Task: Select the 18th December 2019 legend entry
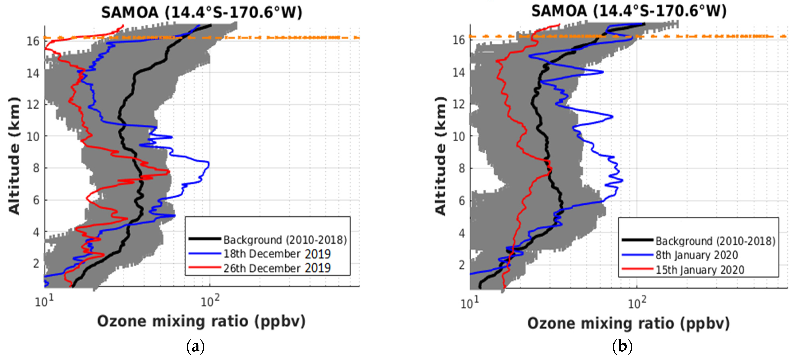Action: click(x=277, y=254)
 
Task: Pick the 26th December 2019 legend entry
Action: click(x=277, y=268)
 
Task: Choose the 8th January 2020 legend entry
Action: click(x=696, y=255)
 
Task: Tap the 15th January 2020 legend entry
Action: click(x=699, y=270)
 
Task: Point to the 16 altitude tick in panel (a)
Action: click(x=33, y=41)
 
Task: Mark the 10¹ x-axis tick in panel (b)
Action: click(x=470, y=303)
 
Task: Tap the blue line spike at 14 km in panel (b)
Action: click(x=603, y=72)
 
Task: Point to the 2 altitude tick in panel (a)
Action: click(x=36, y=263)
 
